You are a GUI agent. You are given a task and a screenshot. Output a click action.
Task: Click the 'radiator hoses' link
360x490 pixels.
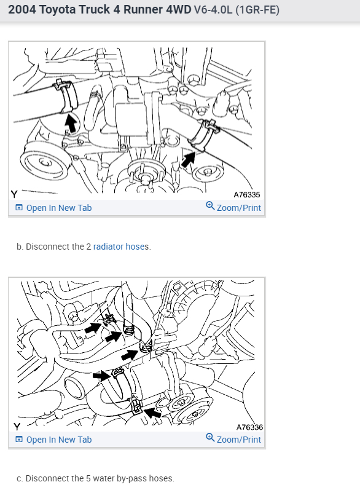tap(121, 247)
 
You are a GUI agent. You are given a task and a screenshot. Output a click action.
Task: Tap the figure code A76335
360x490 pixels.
tap(247, 195)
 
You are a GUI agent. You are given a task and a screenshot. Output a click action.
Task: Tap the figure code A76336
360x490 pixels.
tap(249, 427)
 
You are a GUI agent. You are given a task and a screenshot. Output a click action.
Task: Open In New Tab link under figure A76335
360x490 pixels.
tap(53, 208)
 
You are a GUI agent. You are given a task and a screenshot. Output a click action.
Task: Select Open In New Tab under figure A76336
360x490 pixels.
tap(53, 440)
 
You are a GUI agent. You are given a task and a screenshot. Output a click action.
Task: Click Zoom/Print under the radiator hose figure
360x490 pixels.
tap(233, 207)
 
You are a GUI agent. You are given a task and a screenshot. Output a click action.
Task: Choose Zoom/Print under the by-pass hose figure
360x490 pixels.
tap(233, 439)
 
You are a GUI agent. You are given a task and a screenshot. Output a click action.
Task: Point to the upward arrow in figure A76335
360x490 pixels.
tap(71, 123)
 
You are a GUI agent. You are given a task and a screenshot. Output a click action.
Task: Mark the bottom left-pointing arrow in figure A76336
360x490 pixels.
tap(153, 413)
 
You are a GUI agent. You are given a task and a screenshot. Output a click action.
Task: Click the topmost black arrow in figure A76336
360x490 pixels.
tap(93, 328)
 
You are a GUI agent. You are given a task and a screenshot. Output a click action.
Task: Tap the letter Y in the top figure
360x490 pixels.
tap(14, 194)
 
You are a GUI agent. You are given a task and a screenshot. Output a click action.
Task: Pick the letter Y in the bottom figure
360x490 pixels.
tap(17, 427)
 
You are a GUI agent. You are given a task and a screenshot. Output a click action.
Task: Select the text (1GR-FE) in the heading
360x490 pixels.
tap(257, 10)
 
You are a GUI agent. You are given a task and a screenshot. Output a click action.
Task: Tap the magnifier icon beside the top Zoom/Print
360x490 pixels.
tap(210, 206)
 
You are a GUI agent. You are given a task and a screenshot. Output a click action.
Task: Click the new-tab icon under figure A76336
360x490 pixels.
tap(19, 440)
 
